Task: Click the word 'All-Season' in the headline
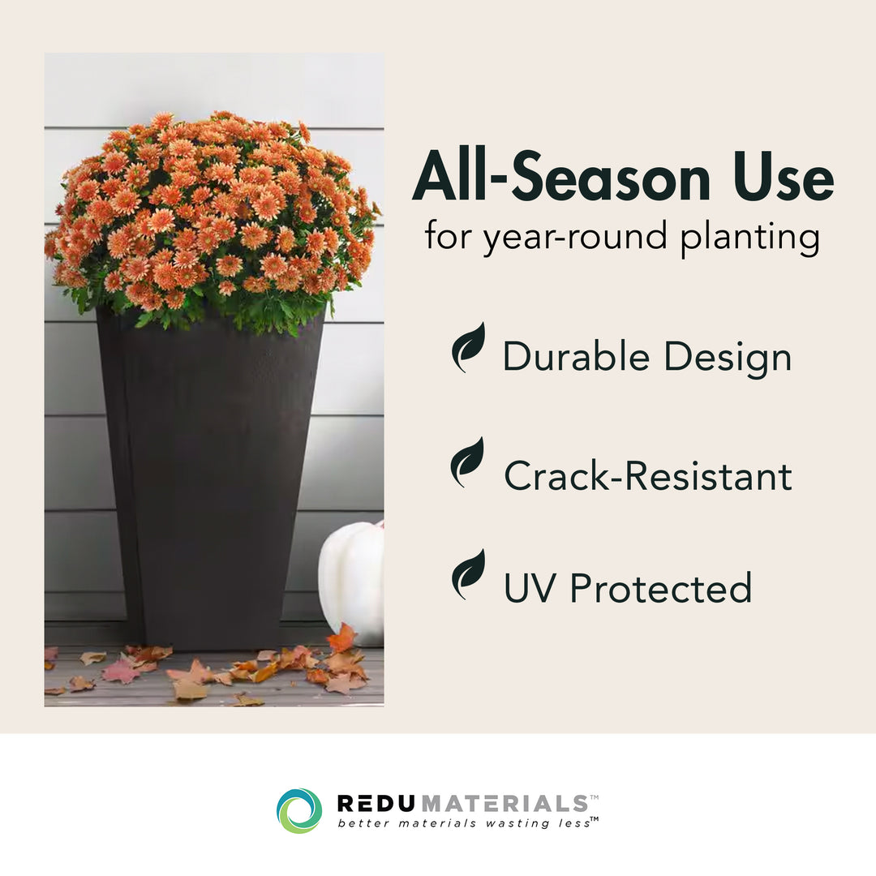tap(561, 176)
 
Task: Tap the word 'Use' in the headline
tap(784, 176)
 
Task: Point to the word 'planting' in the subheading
tap(750, 237)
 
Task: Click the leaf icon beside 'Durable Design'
tap(468, 347)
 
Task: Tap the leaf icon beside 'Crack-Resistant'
tap(467, 462)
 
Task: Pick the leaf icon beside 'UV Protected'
tap(468, 574)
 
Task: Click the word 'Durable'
tap(576, 356)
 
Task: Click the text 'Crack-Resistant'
tap(648, 476)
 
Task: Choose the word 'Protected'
tap(661, 588)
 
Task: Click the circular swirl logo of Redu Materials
tap(299, 810)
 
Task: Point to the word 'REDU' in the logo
tap(376, 803)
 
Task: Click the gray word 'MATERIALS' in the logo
tap(504, 803)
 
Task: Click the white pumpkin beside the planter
tap(352, 582)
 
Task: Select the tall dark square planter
tap(210, 480)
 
